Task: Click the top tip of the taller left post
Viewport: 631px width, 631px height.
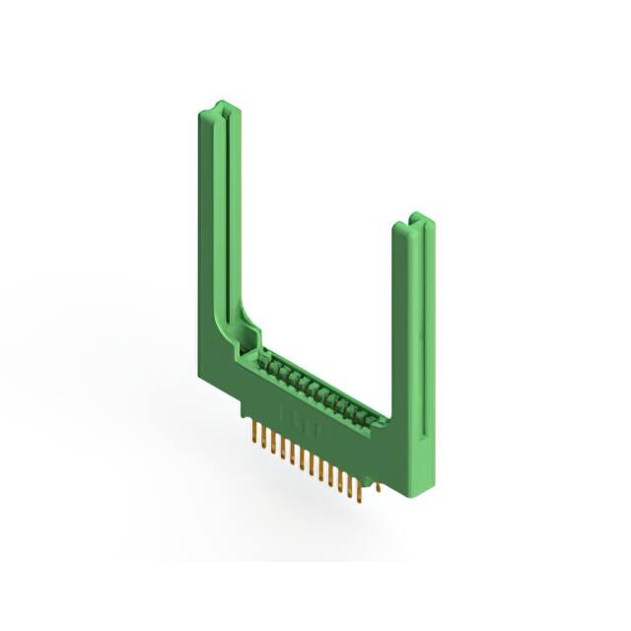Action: click(x=220, y=105)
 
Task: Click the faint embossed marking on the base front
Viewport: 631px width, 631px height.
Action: click(x=296, y=412)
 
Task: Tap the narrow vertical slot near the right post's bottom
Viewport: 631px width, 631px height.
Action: click(x=427, y=434)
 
